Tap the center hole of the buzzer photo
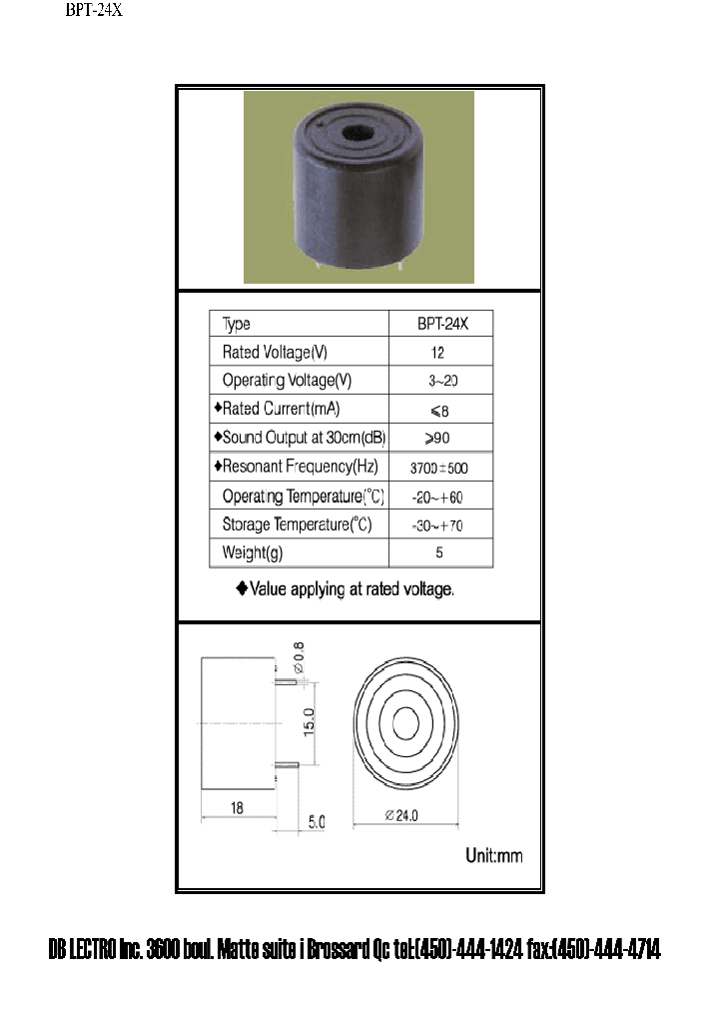tap(352, 132)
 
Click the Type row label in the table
tap(237, 324)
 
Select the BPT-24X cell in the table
tap(439, 324)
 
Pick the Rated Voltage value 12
tap(439, 353)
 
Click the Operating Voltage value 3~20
tap(439, 381)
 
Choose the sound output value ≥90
tap(439, 438)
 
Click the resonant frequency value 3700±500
tap(439, 467)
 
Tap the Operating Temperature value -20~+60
tap(439, 496)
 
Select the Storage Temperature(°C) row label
tap(297, 524)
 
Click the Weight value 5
tap(439, 552)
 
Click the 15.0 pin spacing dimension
tap(310, 720)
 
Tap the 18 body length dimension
tap(237, 808)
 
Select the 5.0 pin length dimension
tap(316, 822)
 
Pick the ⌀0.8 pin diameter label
tap(298, 656)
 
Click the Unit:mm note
tap(494, 856)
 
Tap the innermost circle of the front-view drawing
tap(405, 722)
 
